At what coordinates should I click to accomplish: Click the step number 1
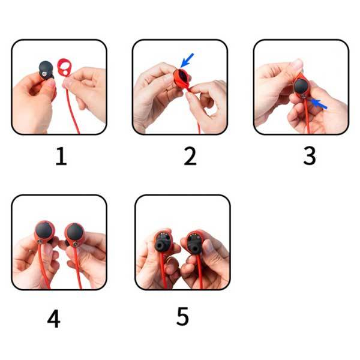61,156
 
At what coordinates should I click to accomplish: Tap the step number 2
190,156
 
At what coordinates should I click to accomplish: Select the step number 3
310,155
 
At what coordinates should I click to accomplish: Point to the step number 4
54,319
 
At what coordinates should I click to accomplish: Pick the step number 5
183,316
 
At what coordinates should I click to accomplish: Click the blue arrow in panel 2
187,61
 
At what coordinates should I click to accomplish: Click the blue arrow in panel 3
318,104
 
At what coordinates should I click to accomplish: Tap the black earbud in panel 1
46,70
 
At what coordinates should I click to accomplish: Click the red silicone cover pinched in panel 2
181,79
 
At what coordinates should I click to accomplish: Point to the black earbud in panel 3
301,88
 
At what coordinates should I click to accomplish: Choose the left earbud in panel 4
44,232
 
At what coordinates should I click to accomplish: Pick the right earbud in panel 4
74,234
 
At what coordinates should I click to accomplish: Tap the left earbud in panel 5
163,242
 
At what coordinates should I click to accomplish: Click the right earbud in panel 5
194,242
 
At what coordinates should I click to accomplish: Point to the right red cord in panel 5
199,272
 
